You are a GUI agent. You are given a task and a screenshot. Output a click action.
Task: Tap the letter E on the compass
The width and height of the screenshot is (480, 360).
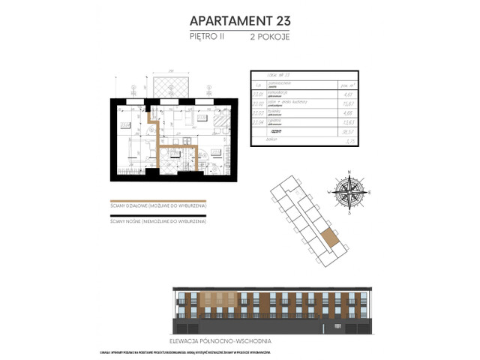pos(370,193)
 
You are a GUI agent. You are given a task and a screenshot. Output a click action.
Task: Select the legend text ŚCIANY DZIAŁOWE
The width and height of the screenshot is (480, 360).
pos(157,205)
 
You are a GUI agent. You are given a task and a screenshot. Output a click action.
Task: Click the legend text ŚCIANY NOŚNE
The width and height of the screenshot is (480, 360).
pos(158,222)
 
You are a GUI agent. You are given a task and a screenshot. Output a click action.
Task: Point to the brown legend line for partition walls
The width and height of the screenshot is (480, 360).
pos(157,199)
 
